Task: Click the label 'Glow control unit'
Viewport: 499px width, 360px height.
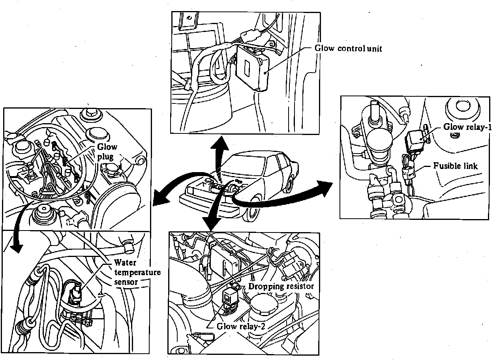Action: click(348, 49)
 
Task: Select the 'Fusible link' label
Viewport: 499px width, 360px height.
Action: click(455, 166)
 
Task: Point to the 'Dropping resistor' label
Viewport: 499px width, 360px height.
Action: click(281, 286)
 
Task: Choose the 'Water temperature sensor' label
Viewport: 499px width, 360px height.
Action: click(137, 272)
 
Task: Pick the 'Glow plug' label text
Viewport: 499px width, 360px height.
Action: click(107, 152)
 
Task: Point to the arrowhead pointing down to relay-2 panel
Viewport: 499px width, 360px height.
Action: click(212, 225)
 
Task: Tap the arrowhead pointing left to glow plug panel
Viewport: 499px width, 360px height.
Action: click(159, 200)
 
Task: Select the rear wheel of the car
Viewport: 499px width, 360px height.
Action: click(290, 184)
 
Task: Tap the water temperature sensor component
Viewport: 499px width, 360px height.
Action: click(75, 294)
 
